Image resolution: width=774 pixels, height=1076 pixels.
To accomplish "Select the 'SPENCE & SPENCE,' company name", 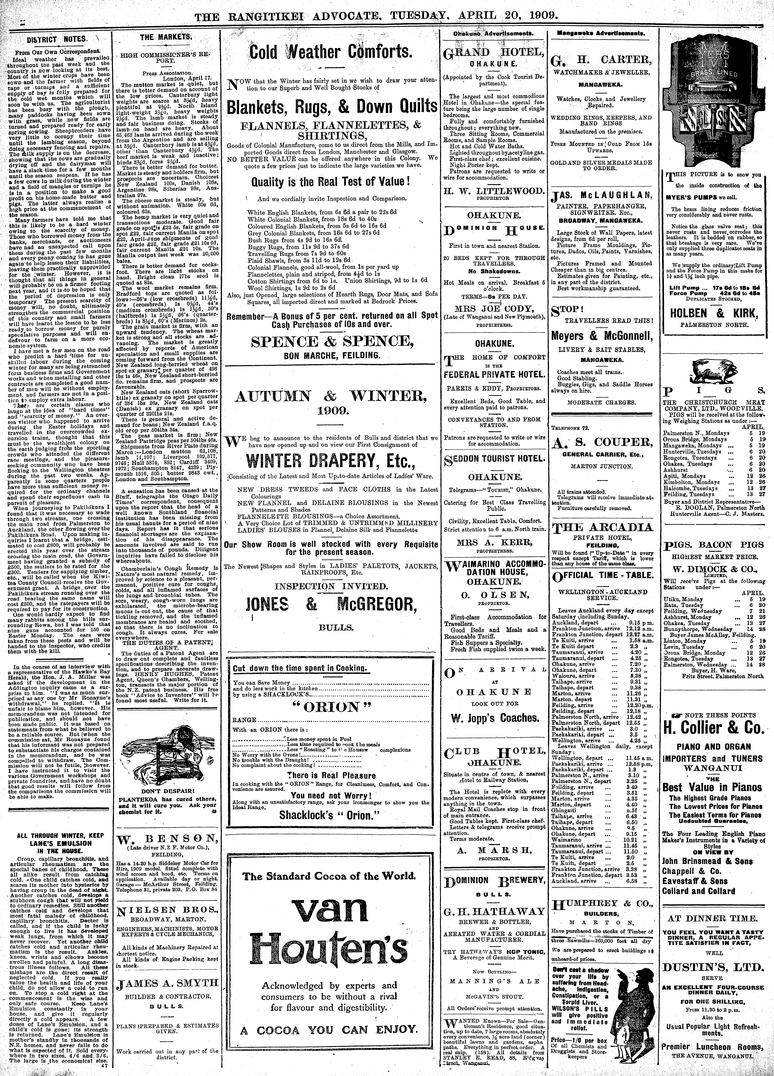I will (x=330, y=341).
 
